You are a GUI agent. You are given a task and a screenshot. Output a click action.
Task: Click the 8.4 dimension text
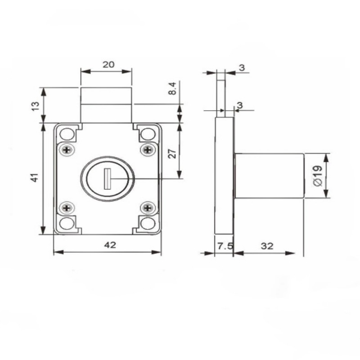coord(172,89)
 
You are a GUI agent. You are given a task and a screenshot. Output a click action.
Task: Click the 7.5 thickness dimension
coord(223,246)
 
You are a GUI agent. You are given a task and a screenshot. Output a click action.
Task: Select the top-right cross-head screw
coord(147,149)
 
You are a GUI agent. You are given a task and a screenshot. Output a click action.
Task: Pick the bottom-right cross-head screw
coord(147,207)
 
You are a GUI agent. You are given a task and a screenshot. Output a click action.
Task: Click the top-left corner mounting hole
coord(67,134)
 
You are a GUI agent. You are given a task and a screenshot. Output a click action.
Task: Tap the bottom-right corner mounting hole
coord(147,223)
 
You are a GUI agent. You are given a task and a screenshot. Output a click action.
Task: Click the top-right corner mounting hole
coord(147,134)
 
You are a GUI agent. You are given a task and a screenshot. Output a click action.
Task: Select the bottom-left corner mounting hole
coord(67,223)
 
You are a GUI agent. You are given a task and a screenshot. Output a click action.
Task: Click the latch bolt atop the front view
coord(106,104)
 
